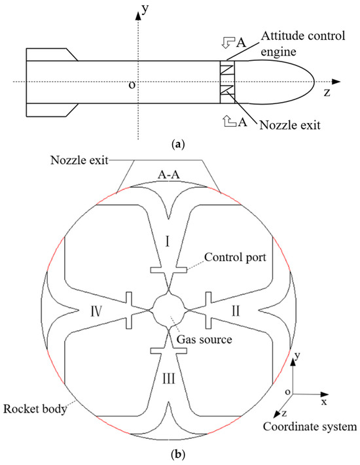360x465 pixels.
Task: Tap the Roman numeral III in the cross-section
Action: coord(168,378)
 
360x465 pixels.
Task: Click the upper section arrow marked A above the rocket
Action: coord(226,43)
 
